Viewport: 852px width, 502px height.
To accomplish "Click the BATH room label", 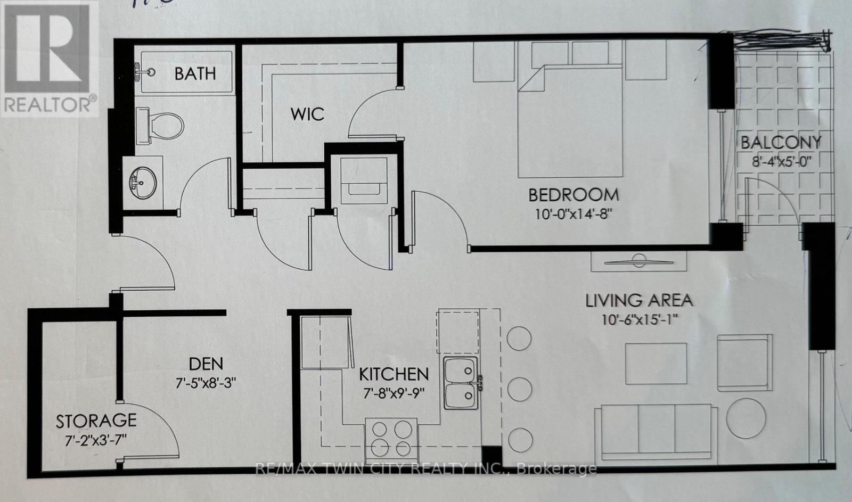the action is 195,73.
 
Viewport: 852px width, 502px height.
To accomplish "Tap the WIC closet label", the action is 307,114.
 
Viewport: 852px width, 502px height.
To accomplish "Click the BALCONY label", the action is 781,143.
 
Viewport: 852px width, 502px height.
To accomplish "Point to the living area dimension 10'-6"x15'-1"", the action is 640,320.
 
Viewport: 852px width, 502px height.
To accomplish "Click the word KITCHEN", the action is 394,375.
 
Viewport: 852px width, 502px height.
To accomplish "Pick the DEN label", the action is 206,364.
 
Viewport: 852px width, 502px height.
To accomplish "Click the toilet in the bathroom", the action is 160,126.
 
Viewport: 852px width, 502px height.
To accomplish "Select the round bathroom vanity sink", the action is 143,182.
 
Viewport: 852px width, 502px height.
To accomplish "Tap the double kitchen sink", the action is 461,383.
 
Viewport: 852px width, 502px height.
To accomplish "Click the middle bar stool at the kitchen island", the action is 519,389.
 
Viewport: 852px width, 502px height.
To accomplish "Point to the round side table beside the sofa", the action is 746,419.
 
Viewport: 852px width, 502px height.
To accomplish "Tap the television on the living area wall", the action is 638,261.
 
